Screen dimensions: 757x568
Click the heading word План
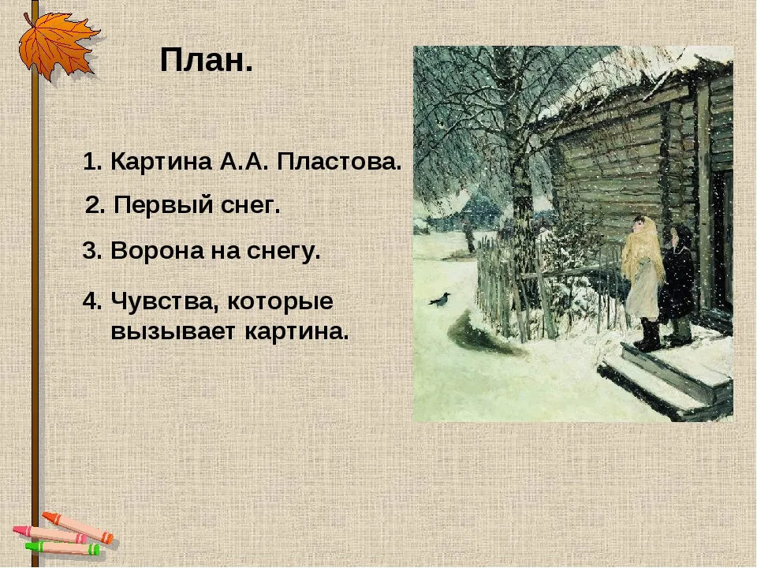coord(206,61)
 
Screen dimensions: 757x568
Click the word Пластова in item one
coord(339,162)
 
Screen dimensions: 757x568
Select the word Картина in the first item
coord(161,162)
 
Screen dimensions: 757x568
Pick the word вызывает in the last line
coord(174,332)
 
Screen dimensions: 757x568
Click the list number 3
coord(91,251)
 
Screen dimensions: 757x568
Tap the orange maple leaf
coord(57,45)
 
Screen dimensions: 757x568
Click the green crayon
coord(62,548)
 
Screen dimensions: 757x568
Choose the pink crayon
coord(49,534)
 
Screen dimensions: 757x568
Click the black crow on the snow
coord(440,300)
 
